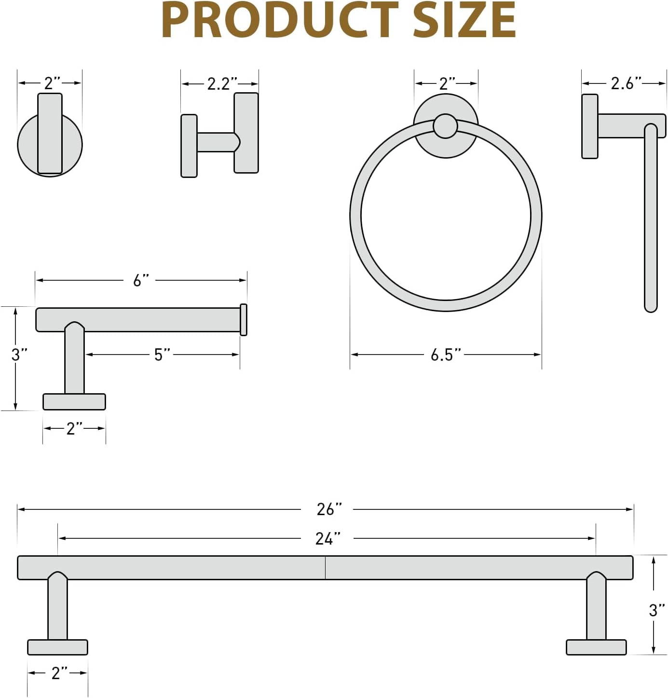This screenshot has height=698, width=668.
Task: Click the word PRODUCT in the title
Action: [x=280, y=20]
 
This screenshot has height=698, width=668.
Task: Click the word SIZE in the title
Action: [x=464, y=20]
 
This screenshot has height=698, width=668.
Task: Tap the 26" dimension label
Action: [x=329, y=509]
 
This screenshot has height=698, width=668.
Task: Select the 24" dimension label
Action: [x=327, y=538]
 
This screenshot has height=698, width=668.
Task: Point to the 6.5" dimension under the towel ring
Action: [x=445, y=355]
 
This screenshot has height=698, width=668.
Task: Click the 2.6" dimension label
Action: [x=626, y=83]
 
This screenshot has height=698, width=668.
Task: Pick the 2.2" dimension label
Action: [x=222, y=84]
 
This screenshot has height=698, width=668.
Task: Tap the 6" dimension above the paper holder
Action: [x=140, y=280]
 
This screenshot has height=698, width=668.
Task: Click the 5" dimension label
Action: [x=162, y=355]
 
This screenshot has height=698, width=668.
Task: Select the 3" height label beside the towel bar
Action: [x=656, y=610]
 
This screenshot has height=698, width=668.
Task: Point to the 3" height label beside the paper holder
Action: [x=19, y=355]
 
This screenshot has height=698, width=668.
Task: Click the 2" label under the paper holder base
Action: [x=74, y=428]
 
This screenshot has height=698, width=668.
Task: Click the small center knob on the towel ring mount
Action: [x=445, y=126]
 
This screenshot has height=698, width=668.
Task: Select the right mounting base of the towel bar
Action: [x=596, y=647]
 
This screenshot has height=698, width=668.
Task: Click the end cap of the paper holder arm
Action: [x=244, y=319]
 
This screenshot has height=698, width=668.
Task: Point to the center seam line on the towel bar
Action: [x=325, y=568]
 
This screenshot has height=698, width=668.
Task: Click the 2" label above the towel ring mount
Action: [x=447, y=83]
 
